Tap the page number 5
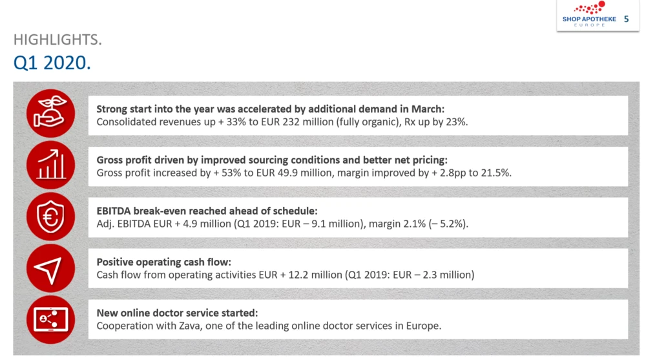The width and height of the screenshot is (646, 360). coord(626,19)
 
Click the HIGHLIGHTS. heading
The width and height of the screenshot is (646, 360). coord(57,39)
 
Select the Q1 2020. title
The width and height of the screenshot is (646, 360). coord(51,63)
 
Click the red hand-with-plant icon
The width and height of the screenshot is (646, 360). coord(50,113)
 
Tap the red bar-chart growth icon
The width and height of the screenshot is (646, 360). coord(50,165)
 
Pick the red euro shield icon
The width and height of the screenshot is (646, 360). coord(50,217)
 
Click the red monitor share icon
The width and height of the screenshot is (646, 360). coord(50,319)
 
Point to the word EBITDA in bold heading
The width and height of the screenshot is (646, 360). coord(115,211)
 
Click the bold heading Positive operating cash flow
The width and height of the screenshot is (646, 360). coord(164,262)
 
